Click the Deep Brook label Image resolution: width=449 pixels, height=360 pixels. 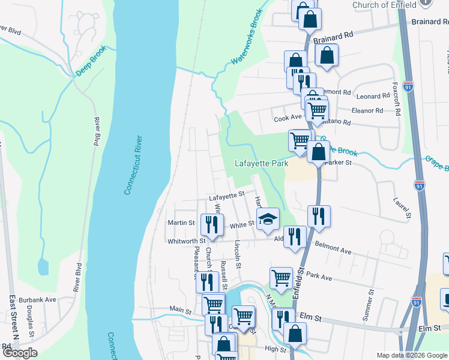click(91, 61)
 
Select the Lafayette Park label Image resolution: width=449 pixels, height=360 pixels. click(261, 163)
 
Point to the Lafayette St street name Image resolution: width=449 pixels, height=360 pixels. click(228, 195)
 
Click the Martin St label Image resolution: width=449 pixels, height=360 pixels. click(182, 223)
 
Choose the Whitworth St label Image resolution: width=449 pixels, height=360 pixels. click(186, 241)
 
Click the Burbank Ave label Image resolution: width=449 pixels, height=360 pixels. click(41, 299)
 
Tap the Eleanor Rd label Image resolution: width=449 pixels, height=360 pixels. click(367, 111)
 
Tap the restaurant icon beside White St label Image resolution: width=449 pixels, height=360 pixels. click(211, 224)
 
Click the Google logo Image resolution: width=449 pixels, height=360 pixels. click(20, 353)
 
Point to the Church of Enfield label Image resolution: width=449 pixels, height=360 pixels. click(384, 5)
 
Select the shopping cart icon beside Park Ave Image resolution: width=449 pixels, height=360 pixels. click(281, 278)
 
